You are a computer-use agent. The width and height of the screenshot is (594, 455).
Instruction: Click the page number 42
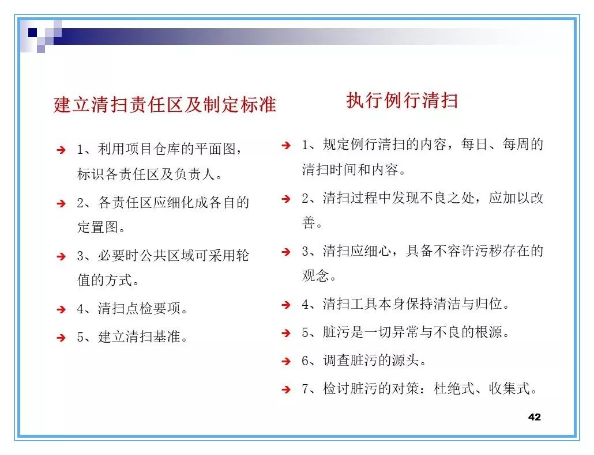[534, 417]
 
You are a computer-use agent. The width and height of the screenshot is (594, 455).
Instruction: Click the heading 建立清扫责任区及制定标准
[165, 105]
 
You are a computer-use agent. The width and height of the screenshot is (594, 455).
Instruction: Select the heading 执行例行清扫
[402, 100]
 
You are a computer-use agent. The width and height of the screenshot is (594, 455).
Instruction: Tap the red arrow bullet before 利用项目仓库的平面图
[61, 150]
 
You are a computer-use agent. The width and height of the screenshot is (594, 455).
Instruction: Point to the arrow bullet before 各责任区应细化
[61, 203]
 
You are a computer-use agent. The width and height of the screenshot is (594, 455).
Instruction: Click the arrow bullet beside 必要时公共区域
[61, 256]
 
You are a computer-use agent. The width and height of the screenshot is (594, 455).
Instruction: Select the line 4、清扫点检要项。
[133, 309]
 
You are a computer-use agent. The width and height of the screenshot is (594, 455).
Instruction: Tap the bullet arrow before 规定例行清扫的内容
[285, 145]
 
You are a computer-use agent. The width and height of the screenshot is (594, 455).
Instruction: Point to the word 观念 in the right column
[315, 276]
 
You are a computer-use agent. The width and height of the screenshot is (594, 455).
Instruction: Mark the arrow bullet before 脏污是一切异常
[285, 333]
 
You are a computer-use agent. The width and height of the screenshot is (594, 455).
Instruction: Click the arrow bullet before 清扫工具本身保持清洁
[285, 305]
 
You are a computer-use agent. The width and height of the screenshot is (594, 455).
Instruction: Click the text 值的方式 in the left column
[104, 281]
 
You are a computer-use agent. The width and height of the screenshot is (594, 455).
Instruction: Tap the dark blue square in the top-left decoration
[33, 32]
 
